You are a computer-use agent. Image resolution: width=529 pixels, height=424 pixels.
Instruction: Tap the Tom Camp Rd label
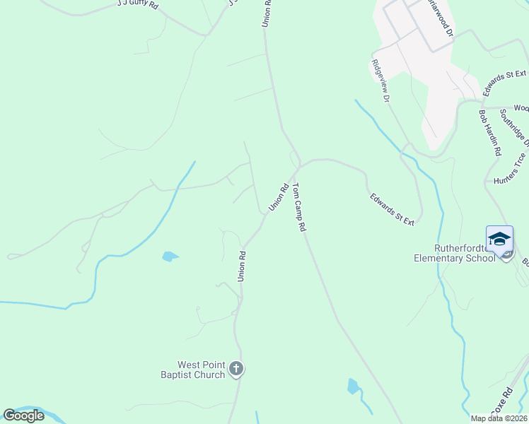click(299, 208)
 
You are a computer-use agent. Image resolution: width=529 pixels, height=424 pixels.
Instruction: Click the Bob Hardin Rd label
click(489, 132)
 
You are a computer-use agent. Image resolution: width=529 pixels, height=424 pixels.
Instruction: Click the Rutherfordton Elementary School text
click(455, 253)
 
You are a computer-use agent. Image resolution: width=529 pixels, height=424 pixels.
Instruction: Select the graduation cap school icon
click(499, 238)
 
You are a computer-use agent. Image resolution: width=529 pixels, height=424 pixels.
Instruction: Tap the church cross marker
click(236, 369)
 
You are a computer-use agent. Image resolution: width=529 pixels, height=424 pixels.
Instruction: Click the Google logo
click(24, 416)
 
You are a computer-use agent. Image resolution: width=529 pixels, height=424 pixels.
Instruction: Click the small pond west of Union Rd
click(170, 257)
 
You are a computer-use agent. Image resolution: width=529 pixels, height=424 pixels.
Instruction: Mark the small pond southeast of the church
click(353, 386)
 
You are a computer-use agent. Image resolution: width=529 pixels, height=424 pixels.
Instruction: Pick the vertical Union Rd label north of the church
click(241, 267)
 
